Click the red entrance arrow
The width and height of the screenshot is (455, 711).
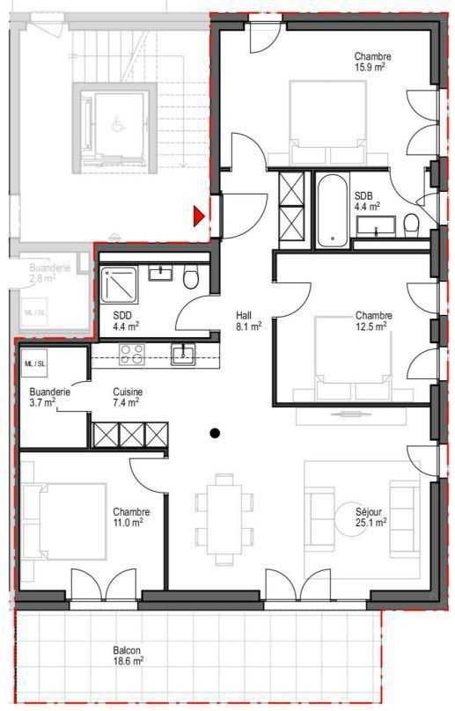pyautogui.click(x=199, y=216)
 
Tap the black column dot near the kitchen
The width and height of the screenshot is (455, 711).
pyautogui.click(x=215, y=433)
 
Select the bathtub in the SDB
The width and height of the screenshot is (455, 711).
pyautogui.click(x=333, y=210)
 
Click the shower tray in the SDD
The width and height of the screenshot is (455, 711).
pyautogui.click(x=119, y=284)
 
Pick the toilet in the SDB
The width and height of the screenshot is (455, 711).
pyautogui.click(x=411, y=225)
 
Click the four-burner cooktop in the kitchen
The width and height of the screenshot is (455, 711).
pyautogui.click(x=132, y=354)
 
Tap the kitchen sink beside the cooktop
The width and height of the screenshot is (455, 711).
pyautogui.click(x=183, y=354)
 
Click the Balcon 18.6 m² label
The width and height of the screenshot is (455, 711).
pyautogui.click(x=128, y=656)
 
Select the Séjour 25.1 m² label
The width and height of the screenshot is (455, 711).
pyautogui.click(x=371, y=517)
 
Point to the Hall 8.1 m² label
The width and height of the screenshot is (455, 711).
pyautogui.click(x=248, y=320)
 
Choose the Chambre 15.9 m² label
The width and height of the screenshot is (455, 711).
pyautogui.click(x=372, y=62)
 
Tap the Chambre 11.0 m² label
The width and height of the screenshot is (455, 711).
pyautogui.click(x=131, y=517)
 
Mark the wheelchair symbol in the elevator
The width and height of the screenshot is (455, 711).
pyautogui.click(x=118, y=124)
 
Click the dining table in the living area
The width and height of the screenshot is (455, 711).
pyautogui.click(x=224, y=519)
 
